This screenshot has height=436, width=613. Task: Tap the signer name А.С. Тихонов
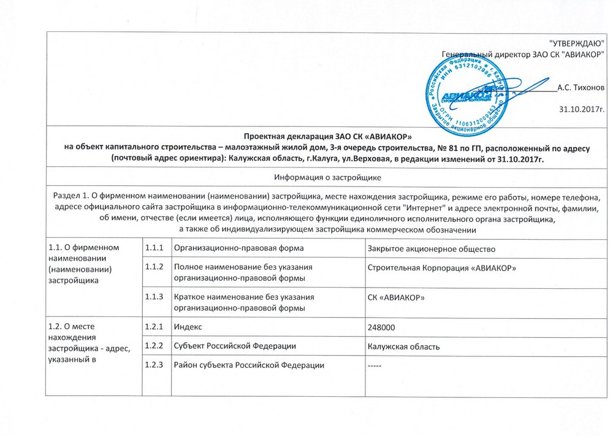click(x=581, y=88)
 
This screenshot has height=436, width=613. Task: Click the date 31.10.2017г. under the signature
click(x=582, y=110)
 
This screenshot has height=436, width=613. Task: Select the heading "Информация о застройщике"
click(x=328, y=178)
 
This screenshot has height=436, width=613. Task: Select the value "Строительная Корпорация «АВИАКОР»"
click(x=441, y=268)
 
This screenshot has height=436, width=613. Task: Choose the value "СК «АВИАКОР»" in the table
click(x=395, y=298)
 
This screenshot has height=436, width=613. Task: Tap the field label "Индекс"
click(x=188, y=326)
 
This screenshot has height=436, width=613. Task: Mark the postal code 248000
click(x=381, y=327)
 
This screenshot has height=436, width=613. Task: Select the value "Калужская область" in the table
click(x=403, y=346)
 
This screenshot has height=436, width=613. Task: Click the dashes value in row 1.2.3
click(x=375, y=366)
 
